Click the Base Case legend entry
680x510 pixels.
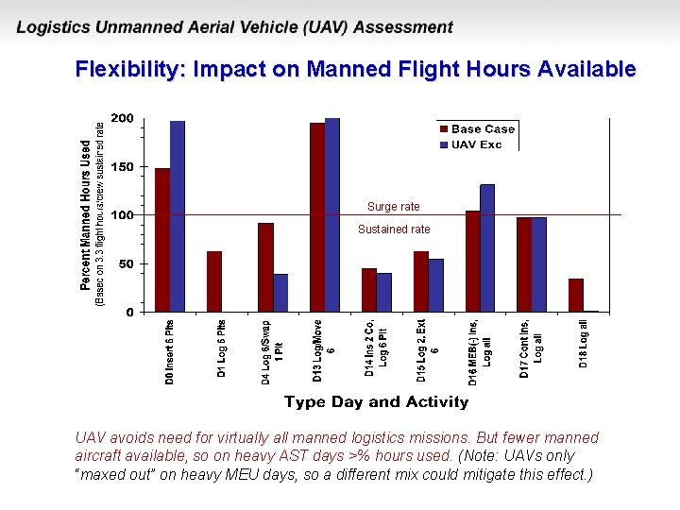pyautogui.click(x=483, y=129)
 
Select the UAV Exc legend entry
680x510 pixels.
pyautogui.click(x=476, y=144)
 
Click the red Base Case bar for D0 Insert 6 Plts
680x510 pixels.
pyautogui.click(x=162, y=240)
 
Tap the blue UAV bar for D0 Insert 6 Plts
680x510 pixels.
pyautogui.click(x=178, y=216)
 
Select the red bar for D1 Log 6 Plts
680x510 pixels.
pyautogui.click(x=214, y=281)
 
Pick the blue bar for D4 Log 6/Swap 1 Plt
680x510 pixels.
pyautogui.click(x=280, y=293)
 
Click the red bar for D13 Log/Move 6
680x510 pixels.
pyautogui.click(x=317, y=217)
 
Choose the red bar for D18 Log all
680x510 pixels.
pyautogui.click(x=576, y=295)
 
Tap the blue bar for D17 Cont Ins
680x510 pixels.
pyautogui.click(x=539, y=264)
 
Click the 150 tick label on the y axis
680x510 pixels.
pyautogui.click(x=123, y=167)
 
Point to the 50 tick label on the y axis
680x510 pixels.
pyautogui.click(x=127, y=265)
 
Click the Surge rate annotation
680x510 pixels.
pyautogui.click(x=394, y=207)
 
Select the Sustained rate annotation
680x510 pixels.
pyautogui.click(x=394, y=229)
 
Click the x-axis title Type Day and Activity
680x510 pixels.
pyautogui.click(x=376, y=402)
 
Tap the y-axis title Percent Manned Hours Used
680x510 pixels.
pyautogui.click(x=86, y=215)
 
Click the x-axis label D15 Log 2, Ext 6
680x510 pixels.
pyautogui.click(x=428, y=348)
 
